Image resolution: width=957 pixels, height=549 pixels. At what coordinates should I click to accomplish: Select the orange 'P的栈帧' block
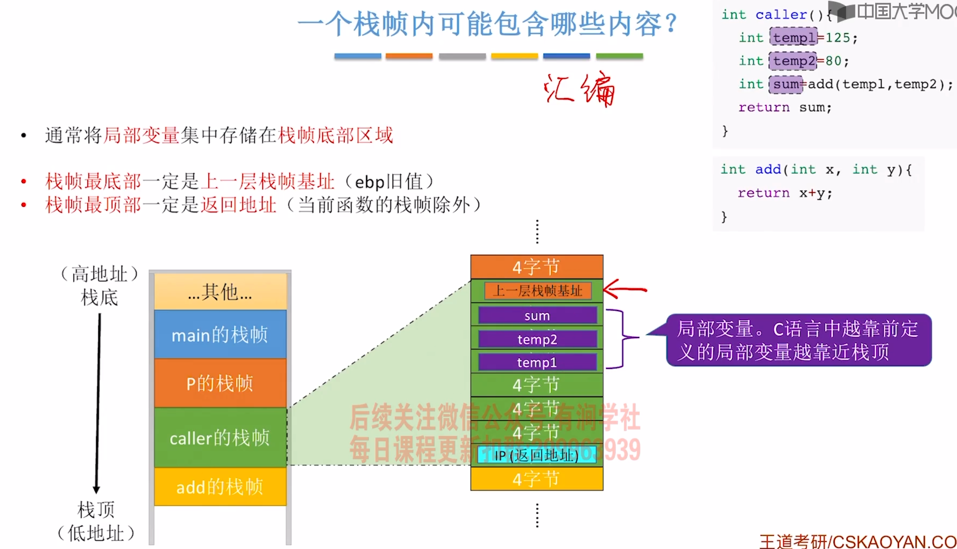tap(220, 383)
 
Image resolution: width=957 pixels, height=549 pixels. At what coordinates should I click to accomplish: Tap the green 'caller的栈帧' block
tap(220, 437)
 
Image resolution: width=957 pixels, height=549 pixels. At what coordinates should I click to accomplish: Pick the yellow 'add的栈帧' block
tap(220, 487)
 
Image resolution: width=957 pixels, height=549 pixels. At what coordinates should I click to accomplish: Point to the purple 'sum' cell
tap(537, 315)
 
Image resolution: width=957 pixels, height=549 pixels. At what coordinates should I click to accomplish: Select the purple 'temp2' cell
tap(537, 339)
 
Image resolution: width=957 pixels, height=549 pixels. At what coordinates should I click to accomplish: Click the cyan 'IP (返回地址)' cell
tap(537, 455)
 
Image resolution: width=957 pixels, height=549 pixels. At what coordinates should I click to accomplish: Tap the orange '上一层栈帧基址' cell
tap(537, 291)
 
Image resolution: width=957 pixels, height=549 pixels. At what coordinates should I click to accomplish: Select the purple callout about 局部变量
tap(799, 340)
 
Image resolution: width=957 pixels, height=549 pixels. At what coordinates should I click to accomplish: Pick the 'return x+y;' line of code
tap(784, 193)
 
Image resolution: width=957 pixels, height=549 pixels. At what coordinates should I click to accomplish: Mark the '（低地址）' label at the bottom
tap(96, 533)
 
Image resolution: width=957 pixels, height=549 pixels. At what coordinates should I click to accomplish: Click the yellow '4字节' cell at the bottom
tap(536, 479)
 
